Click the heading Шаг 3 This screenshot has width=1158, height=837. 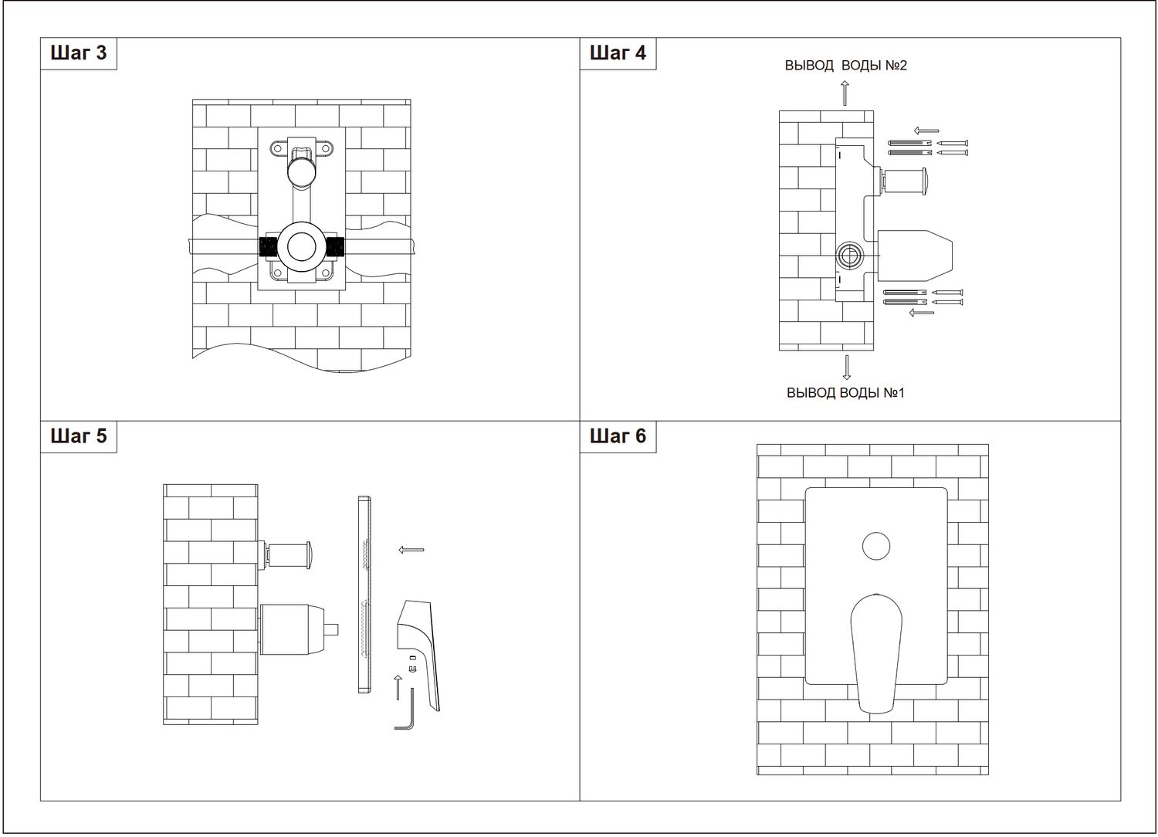coord(79,53)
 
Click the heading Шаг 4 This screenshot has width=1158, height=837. coord(618,53)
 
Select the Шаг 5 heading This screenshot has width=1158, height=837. coord(79,435)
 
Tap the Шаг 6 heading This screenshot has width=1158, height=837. coord(618,435)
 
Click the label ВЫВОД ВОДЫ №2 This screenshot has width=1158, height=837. coord(846,66)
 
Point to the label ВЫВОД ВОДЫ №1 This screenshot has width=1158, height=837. coord(846,393)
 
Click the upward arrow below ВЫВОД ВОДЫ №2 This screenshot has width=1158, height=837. coord(845,93)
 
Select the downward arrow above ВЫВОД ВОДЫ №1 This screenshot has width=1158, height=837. coord(846,368)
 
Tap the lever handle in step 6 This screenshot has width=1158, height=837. coord(876,653)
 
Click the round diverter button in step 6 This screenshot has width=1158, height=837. coord(876,546)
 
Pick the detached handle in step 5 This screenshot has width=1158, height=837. coord(418,656)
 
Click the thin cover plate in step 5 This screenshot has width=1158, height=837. coord(364,595)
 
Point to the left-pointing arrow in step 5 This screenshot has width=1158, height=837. coord(411,550)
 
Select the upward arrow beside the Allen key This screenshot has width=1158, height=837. coord(398,687)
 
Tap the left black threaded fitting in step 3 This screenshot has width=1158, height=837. coord(269,247)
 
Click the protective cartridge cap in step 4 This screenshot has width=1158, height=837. coord(915,256)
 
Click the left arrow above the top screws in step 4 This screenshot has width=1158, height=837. coord(926,130)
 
